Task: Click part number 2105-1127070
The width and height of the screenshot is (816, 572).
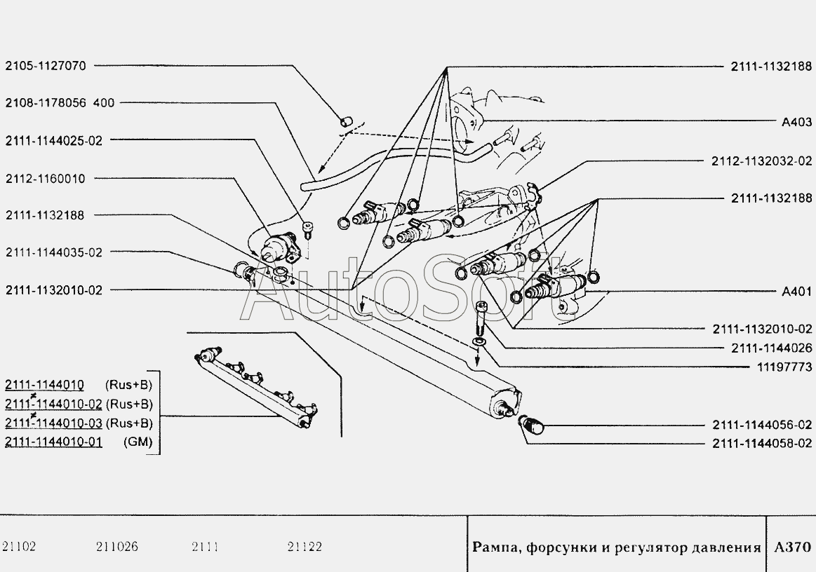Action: click(x=46, y=66)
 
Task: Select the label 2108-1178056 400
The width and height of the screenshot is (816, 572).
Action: click(x=60, y=103)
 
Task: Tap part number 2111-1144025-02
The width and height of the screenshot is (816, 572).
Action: click(x=54, y=141)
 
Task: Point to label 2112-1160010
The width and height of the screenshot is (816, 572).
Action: click(x=46, y=179)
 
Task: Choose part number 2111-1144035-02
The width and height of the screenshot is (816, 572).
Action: click(x=54, y=253)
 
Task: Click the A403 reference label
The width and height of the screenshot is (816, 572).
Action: click(x=797, y=122)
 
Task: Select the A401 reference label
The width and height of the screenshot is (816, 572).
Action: click(x=797, y=292)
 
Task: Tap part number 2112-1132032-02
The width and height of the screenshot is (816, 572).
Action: click(x=762, y=161)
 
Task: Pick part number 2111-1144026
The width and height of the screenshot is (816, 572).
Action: click(x=771, y=348)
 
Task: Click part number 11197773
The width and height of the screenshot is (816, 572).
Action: click(x=784, y=367)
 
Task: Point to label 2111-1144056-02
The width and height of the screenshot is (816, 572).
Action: click(x=762, y=425)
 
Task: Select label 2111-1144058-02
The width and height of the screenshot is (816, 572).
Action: click(x=762, y=444)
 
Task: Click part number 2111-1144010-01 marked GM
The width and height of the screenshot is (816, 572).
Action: click(x=53, y=442)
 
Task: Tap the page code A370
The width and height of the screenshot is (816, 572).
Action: click(x=793, y=547)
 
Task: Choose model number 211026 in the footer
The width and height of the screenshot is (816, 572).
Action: click(x=117, y=547)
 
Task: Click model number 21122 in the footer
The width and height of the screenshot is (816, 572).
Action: click(x=305, y=547)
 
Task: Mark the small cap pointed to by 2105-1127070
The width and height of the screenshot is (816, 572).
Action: click(x=345, y=122)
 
